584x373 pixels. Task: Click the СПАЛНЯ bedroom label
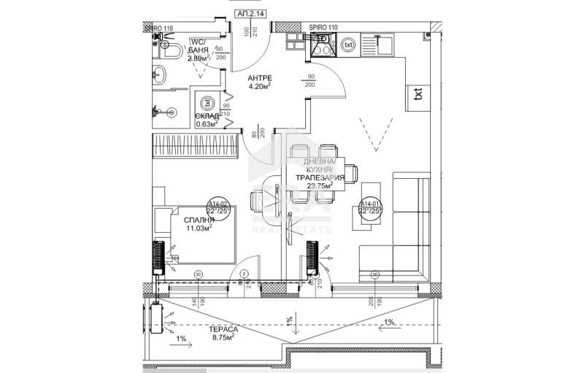(199, 219)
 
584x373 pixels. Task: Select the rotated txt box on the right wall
(418, 93)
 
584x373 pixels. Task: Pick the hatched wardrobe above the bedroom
(196, 145)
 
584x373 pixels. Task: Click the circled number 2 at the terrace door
(245, 274)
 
